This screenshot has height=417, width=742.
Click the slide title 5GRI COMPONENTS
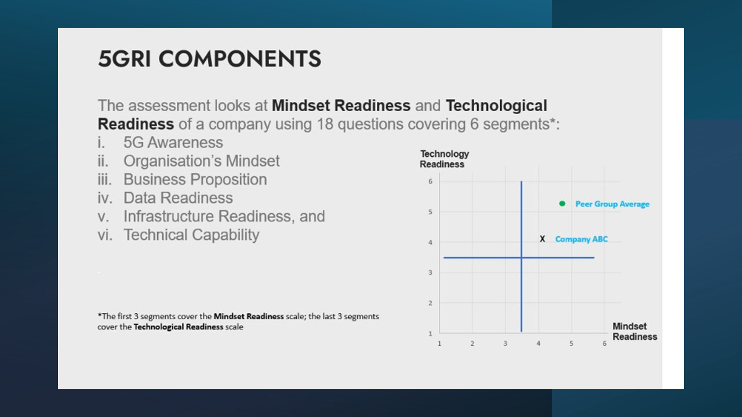click(209, 59)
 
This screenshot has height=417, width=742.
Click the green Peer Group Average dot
click(562, 203)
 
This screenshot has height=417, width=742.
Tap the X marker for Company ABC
click(542, 239)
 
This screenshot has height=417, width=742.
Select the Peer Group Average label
click(612, 204)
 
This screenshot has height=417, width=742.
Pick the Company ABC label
click(581, 239)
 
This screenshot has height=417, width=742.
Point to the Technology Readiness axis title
click(444, 159)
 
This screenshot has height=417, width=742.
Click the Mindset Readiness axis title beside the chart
click(635, 331)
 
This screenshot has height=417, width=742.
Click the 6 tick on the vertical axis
click(430, 181)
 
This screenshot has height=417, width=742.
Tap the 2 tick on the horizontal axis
click(472, 343)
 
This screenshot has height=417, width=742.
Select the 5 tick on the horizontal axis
click(572, 343)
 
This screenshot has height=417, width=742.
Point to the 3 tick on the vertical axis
click(430, 273)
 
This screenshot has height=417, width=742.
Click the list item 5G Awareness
click(173, 142)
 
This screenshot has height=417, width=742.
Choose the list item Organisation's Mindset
click(201, 161)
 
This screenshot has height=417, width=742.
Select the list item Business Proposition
click(195, 180)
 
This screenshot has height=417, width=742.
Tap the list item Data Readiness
click(178, 198)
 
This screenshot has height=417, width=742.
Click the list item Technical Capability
click(191, 235)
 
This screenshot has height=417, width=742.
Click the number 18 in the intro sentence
click(325, 125)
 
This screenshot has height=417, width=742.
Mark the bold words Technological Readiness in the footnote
click(178, 327)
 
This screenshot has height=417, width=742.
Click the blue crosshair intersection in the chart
click(521, 258)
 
